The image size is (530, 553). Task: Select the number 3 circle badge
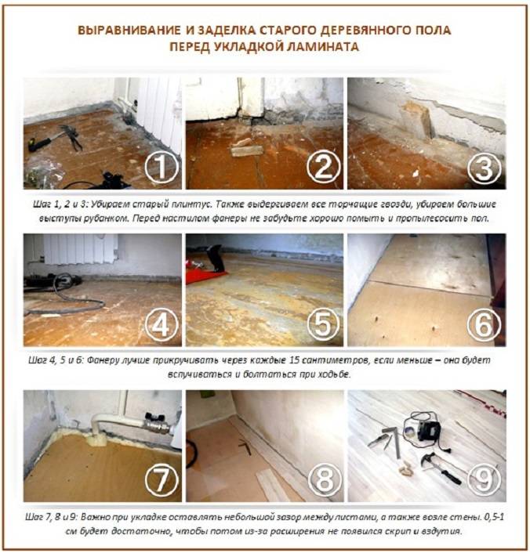tap(483, 167)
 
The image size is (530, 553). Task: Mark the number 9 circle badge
tap(483, 479)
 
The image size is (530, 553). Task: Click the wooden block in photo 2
tap(245, 146)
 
